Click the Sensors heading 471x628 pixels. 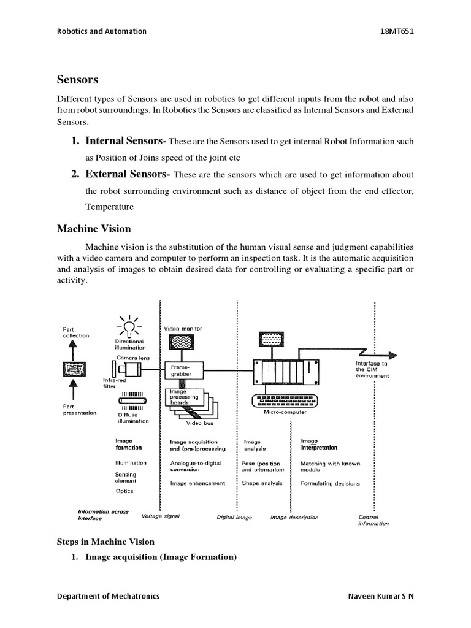(x=77, y=80)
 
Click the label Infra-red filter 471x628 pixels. (x=113, y=383)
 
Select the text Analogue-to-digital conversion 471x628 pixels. (x=195, y=466)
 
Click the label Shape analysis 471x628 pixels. (x=262, y=483)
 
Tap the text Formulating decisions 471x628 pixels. (x=330, y=483)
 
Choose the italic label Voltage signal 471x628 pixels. (x=161, y=516)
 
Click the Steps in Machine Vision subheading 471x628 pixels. (x=105, y=542)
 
